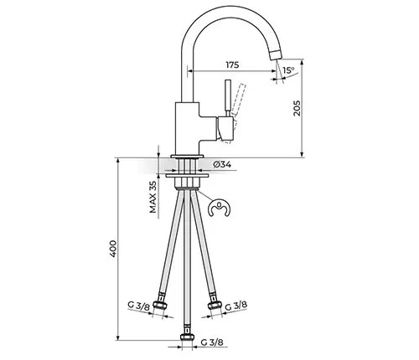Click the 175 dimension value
232,64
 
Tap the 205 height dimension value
297,108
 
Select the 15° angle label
288,70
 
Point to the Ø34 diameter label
222,165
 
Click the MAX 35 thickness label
153,195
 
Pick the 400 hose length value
113,249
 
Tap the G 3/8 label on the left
139,305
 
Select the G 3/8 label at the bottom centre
212,342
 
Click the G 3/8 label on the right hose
236,306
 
